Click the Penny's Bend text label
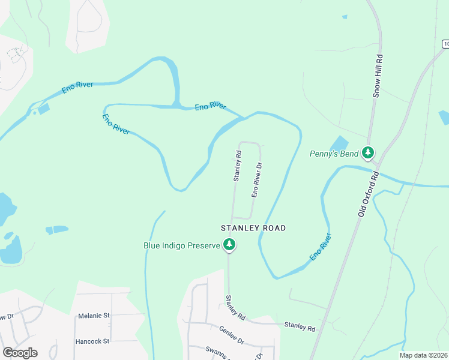pos(334,154)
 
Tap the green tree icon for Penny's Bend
pos(369,153)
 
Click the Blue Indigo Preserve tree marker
pos(229,244)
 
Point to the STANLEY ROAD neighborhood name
pos(253,228)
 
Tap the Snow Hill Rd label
pos(378,77)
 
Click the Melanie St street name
pos(94,315)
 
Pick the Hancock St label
pos(92,341)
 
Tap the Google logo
pos(20,352)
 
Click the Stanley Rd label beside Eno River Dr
pos(237,166)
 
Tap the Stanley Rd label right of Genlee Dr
pos(300,328)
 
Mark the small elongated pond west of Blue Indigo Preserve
pos(57,229)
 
